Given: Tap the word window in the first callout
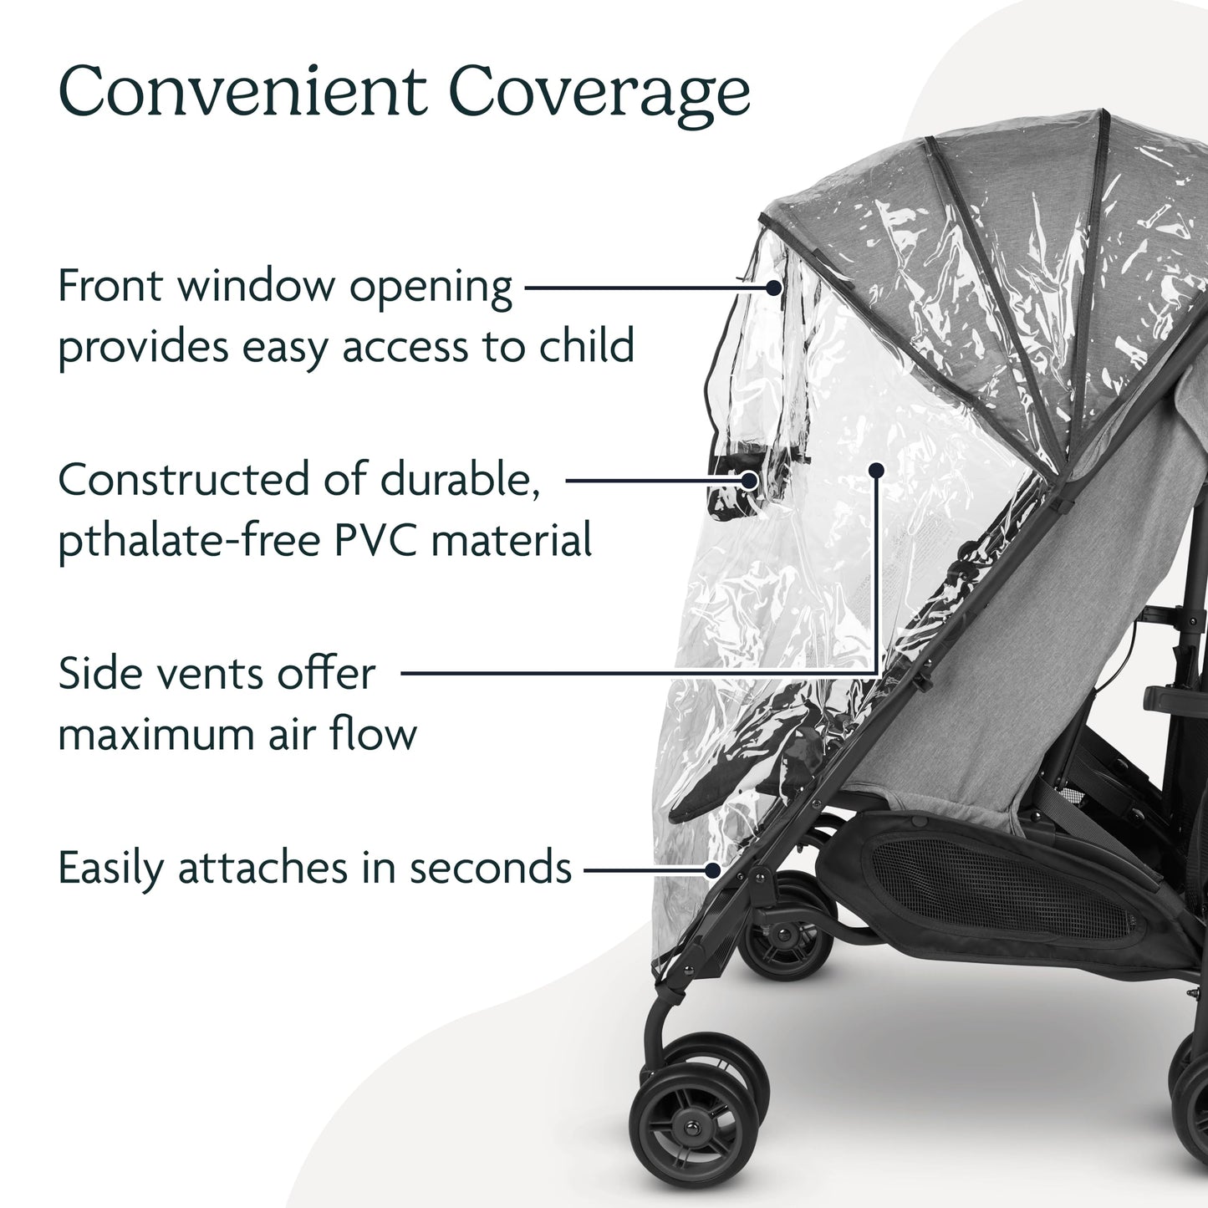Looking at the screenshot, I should pyautogui.click(x=255, y=287).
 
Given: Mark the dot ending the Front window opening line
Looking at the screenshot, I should pyautogui.click(x=773, y=288).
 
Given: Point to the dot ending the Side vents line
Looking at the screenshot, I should pyautogui.click(x=875, y=471).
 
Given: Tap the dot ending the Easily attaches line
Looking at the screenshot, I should pyautogui.click(x=712, y=869).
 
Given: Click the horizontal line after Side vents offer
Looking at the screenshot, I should pyautogui.click(x=635, y=673).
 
